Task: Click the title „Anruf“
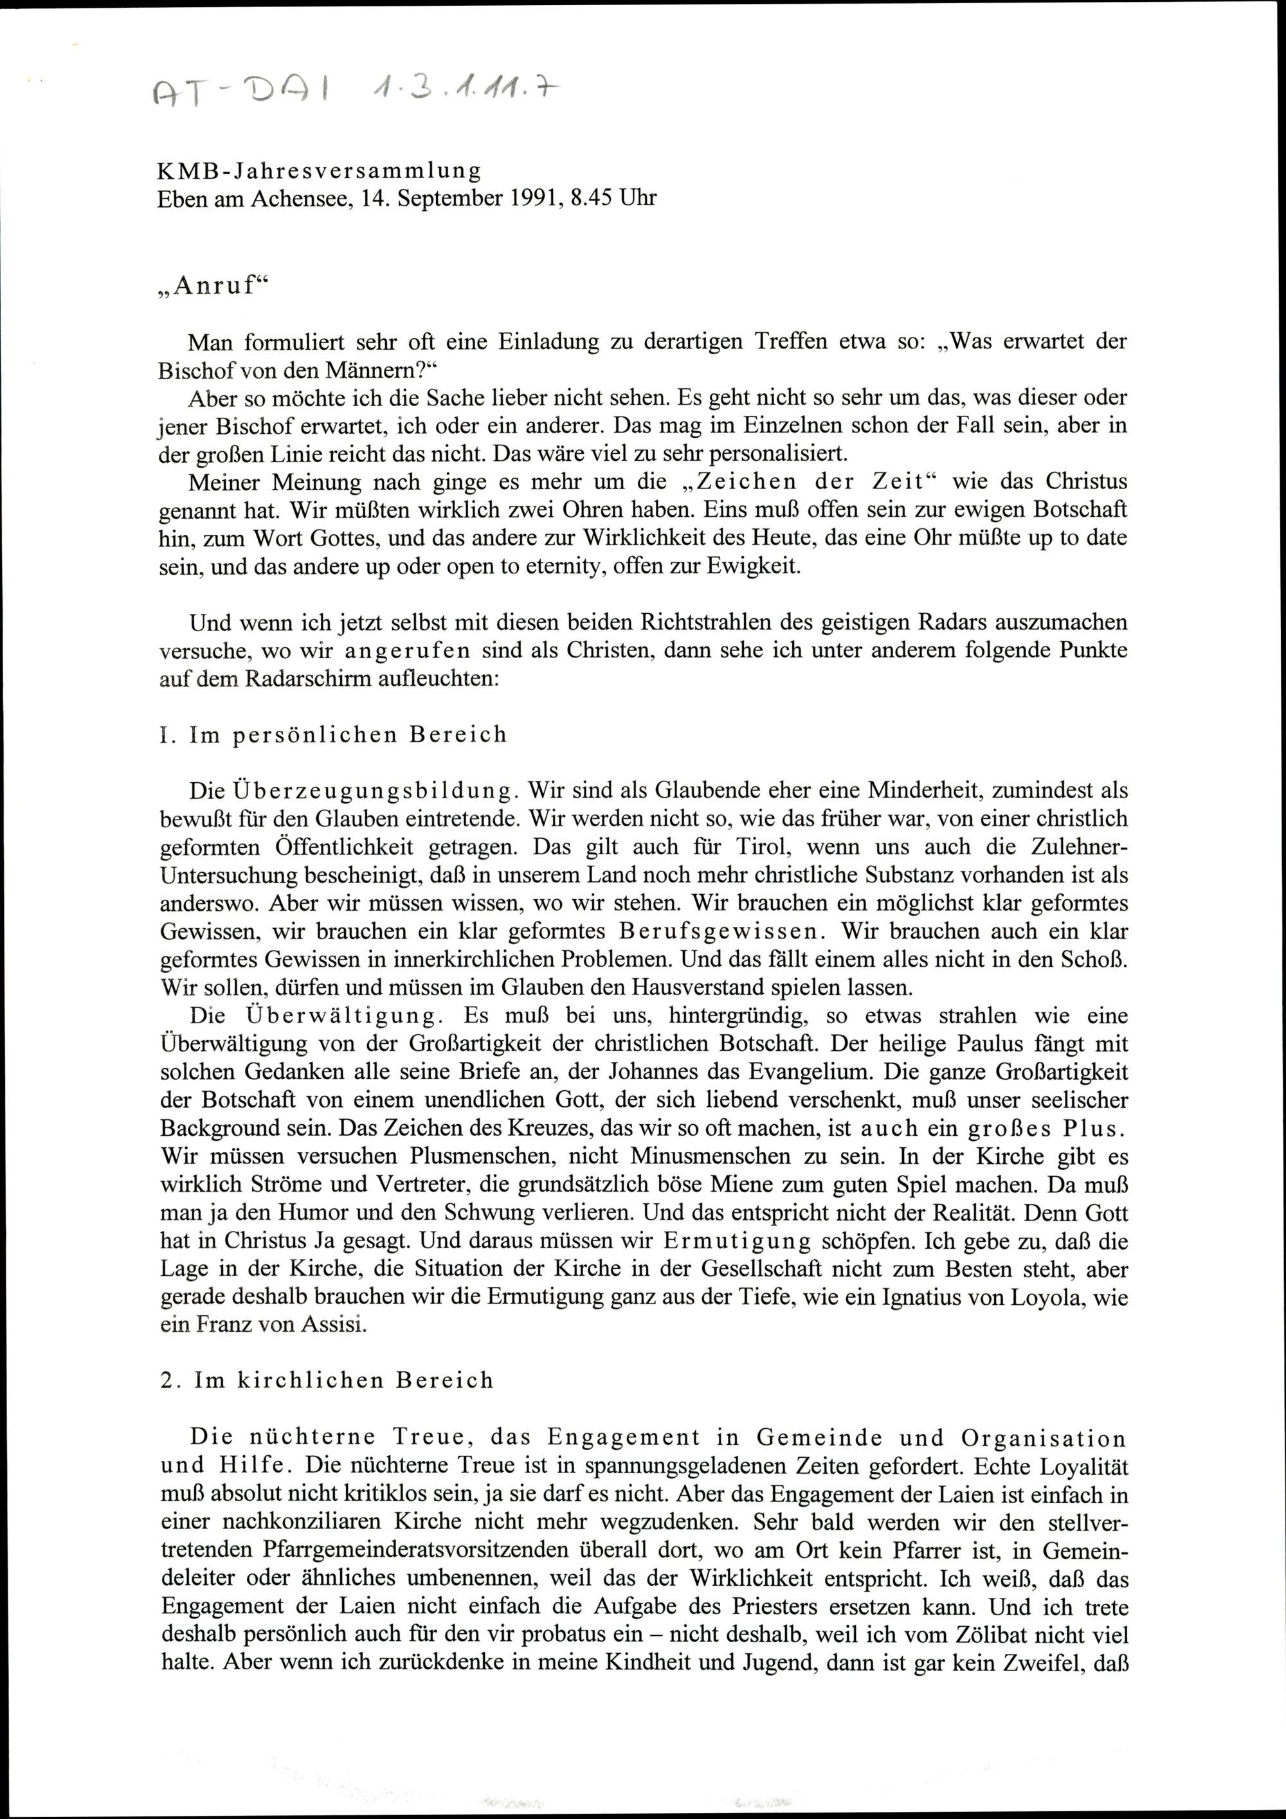pos(209,287)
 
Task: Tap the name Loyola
pos(1026,1298)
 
